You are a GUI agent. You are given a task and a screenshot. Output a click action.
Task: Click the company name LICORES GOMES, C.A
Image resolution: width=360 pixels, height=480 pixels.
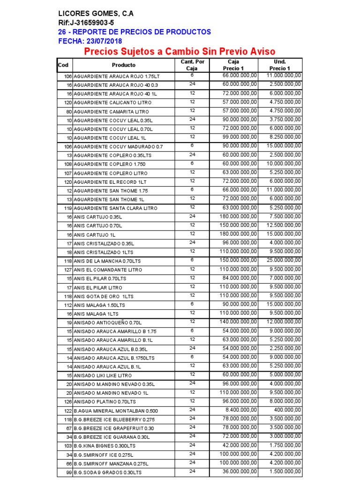(96, 14)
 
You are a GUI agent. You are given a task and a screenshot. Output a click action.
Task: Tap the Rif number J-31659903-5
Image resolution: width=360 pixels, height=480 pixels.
(86, 22)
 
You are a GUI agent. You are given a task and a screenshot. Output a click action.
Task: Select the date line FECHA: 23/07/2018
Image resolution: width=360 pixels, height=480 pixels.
(90, 41)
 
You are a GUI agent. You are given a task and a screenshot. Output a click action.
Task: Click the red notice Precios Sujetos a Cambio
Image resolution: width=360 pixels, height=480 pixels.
(179, 52)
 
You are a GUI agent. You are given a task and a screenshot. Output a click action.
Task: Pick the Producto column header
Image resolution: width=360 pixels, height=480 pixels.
(124, 65)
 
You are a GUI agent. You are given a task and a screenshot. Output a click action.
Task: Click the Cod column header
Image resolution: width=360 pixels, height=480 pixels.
(63, 65)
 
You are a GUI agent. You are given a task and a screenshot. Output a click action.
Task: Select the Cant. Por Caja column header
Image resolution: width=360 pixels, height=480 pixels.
(192, 65)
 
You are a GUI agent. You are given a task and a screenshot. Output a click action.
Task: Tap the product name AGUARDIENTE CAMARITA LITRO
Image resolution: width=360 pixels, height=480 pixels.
(111, 112)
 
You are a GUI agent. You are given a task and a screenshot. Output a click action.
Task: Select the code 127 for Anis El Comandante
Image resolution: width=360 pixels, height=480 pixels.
(67, 270)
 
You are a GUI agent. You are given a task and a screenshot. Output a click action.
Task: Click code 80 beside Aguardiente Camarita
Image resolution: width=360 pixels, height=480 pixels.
(69, 112)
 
